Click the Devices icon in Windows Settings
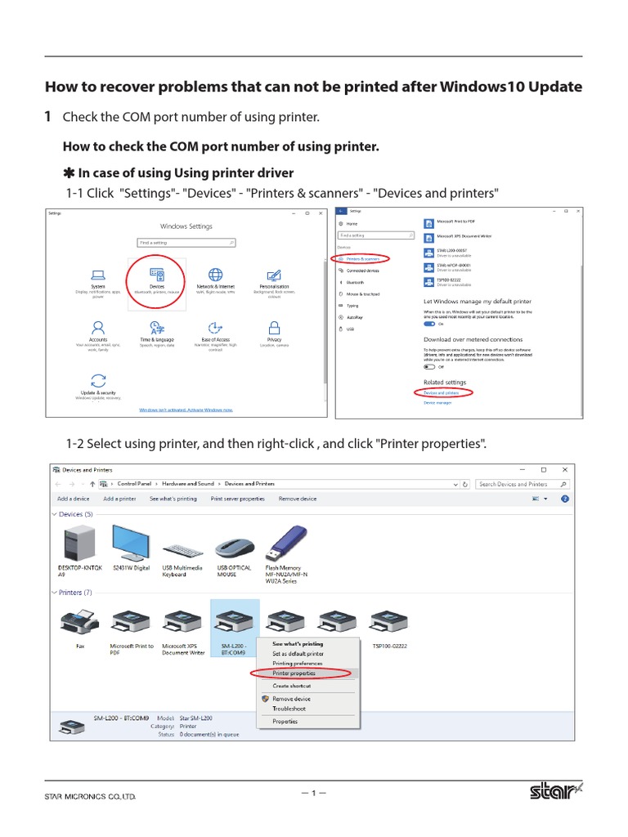(156, 275)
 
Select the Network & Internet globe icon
(215, 275)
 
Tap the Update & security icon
(98, 380)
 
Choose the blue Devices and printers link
(442, 392)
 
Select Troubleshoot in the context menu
(289, 709)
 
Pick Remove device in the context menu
(291, 699)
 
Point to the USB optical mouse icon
(234, 548)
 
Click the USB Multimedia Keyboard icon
(182, 550)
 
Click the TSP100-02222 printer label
(389, 646)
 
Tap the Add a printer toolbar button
(119, 498)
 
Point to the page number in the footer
(313, 792)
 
